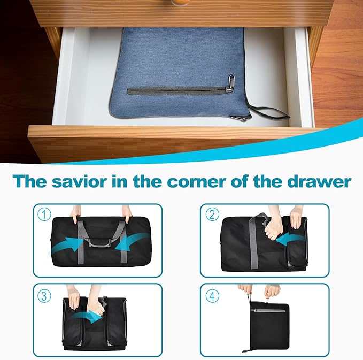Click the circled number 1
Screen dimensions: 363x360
44,215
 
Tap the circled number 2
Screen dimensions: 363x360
212,215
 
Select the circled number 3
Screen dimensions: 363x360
44,296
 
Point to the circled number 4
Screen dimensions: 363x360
212,296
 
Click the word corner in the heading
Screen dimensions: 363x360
197,181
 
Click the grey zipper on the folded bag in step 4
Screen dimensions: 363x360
269,311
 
